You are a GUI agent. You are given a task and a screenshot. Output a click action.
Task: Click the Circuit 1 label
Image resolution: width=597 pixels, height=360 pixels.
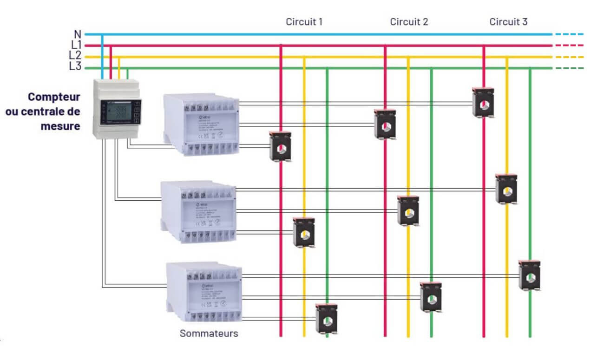click(304, 22)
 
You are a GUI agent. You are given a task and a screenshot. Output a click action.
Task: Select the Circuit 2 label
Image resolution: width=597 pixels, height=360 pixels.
click(409, 22)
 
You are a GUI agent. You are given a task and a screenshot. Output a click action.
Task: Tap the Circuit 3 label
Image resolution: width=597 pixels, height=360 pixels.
click(508, 22)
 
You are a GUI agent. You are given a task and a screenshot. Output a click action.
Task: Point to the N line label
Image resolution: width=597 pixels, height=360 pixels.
click(78, 34)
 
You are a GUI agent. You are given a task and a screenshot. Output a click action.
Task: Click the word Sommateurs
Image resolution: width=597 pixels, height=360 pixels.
click(209, 334)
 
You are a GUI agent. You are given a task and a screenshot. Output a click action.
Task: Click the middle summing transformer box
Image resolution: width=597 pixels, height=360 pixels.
click(199, 211)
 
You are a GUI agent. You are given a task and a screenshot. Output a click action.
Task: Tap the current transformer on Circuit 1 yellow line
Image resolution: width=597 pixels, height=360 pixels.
click(304, 232)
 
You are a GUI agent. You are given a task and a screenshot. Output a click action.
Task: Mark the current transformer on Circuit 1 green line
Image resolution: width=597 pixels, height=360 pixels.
click(327, 319)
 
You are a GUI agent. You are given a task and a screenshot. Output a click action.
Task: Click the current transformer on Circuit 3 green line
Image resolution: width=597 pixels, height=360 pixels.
click(530, 276)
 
